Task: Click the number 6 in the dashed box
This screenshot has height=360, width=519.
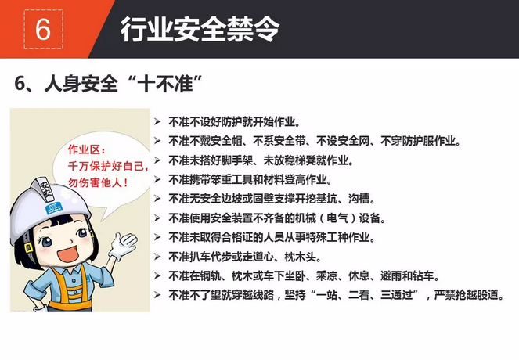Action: [x=43, y=29]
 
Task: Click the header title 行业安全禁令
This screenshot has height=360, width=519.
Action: [x=200, y=30]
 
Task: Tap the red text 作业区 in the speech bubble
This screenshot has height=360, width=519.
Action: [x=84, y=150]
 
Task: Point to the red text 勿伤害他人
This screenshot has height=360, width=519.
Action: [x=95, y=182]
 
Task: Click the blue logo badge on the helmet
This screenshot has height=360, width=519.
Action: [x=54, y=208]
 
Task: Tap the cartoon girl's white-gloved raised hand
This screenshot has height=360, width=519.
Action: [x=124, y=246]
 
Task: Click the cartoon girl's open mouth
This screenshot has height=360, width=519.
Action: [x=68, y=254]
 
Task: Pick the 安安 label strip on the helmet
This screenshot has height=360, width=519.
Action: [x=45, y=189]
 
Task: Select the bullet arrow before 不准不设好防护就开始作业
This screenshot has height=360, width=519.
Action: [x=157, y=122]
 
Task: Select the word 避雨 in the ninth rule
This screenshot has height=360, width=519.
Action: [x=391, y=275]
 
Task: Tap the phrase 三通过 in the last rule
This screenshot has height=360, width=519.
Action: [x=397, y=295]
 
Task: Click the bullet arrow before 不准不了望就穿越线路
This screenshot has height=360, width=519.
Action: [x=157, y=294]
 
